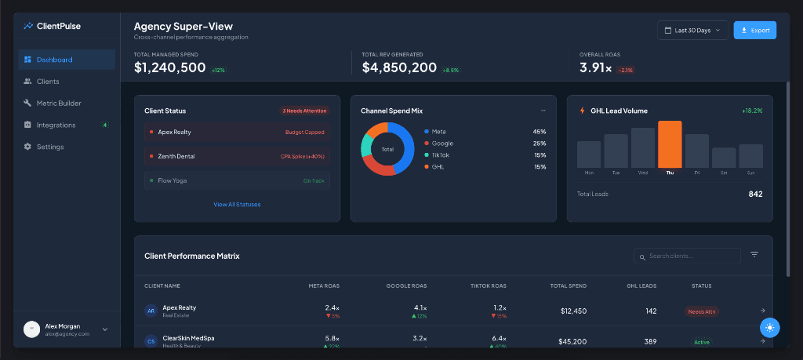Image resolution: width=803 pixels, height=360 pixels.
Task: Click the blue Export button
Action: (x=754, y=30)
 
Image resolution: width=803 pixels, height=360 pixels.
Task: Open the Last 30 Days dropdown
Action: (x=692, y=30)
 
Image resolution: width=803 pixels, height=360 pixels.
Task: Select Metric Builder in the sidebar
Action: (x=58, y=103)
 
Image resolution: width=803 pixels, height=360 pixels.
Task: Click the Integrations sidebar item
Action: (x=56, y=125)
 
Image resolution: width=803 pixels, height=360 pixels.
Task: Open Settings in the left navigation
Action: (x=50, y=147)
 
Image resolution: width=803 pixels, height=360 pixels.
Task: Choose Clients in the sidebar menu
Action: (x=47, y=82)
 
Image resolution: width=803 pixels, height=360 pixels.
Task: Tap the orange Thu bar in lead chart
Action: (x=670, y=144)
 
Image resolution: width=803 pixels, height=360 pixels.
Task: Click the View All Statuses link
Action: (x=237, y=205)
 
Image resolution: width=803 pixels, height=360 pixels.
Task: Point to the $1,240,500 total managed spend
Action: (x=169, y=68)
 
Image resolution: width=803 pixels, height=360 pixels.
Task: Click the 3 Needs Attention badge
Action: (x=304, y=111)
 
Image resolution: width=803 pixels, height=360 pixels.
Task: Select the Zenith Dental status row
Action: (x=237, y=156)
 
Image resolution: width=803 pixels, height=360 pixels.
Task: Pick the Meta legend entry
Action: (x=438, y=132)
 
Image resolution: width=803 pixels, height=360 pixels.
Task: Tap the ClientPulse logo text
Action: (x=59, y=26)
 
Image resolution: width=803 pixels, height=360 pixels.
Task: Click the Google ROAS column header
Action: (x=406, y=285)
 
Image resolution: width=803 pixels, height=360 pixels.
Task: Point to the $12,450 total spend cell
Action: (x=573, y=311)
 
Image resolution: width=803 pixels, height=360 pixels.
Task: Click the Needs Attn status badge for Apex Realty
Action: (x=701, y=311)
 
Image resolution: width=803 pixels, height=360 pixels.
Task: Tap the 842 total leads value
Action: (x=755, y=194)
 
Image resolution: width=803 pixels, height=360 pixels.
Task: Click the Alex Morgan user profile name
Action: (x=62, y=325)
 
